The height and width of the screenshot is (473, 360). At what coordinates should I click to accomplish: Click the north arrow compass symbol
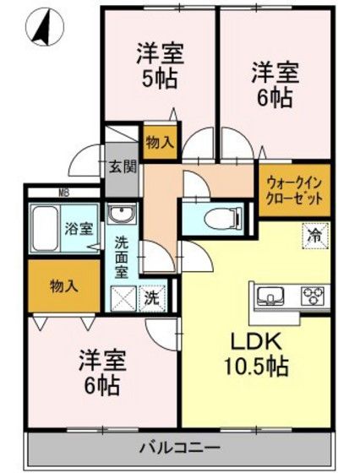point(45,26)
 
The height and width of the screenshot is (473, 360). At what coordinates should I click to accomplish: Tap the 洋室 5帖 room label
point(160,66)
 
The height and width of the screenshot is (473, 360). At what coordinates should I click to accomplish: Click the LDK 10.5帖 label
point(256,353)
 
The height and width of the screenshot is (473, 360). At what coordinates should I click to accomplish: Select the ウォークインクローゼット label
point(294,191)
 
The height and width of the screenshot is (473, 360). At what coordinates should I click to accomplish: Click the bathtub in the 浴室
point(45,228)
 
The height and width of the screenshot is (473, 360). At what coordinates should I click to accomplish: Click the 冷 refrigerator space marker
point(315,236)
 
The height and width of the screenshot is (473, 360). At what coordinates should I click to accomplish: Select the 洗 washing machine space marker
point(152,299)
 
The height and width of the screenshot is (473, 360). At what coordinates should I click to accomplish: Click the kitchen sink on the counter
point(270,295)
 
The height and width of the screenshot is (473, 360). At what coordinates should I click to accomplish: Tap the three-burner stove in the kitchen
point(313,295)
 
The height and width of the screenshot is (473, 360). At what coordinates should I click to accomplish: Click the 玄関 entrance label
point(123,167)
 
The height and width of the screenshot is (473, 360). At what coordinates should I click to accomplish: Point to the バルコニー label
point(180,448)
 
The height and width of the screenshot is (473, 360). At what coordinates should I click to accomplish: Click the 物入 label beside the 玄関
point(160,142)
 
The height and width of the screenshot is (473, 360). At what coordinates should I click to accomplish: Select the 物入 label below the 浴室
point(64,285)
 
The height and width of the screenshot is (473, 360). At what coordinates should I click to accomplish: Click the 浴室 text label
point(79,229)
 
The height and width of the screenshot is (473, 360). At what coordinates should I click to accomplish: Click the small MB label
point(63,193)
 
